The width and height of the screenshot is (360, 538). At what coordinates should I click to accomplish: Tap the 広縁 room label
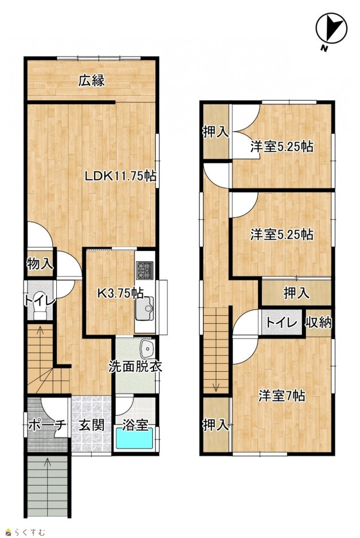(91, 81)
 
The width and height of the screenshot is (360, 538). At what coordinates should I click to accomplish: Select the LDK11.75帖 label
(120, 176)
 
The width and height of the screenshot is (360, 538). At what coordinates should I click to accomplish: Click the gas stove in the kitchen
(145, 270)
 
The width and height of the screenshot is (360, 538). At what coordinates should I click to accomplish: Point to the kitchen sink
(144, 308)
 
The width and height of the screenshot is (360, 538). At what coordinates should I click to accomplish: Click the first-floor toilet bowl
(40, 310)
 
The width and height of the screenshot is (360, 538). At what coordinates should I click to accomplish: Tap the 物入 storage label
(40, 264)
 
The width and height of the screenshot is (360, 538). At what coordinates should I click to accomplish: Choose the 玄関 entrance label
(92, 425)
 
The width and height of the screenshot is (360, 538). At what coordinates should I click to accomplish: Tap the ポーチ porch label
(46, 425)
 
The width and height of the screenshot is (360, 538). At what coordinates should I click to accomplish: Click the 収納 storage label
(319, 322)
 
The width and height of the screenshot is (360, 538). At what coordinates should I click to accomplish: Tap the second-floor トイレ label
(281, 323)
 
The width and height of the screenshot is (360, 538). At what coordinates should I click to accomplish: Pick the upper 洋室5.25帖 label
(281, 147)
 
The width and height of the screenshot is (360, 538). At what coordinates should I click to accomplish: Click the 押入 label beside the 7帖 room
(216, 425)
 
